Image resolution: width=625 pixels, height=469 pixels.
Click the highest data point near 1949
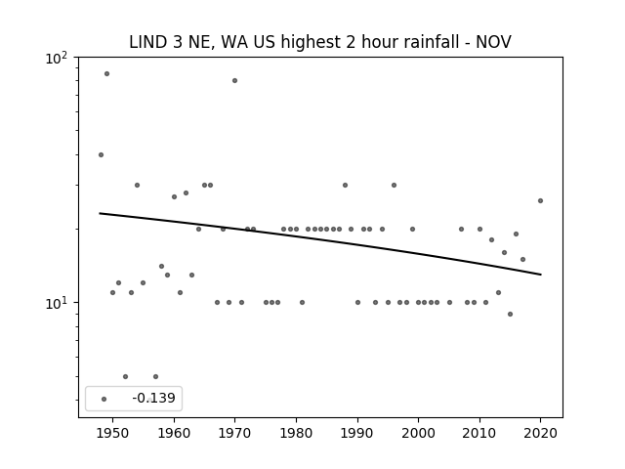[x=106, y=74]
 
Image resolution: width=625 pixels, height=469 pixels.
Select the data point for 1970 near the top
[x=234, y=80]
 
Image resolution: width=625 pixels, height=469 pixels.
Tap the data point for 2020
[x=540, y=201]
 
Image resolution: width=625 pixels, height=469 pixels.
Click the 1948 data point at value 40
[x=101, y=154]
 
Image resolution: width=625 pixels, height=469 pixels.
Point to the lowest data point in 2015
[x=510, y=315]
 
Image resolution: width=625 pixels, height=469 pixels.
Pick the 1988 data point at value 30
[x=345, y=185]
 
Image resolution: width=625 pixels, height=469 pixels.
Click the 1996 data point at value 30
[x=394, y=185]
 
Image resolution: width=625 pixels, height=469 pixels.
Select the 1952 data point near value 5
[x=125, y=376]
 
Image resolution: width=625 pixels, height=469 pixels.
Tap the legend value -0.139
[x=153, y=398]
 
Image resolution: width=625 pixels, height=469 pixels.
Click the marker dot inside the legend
[x=104, y=399]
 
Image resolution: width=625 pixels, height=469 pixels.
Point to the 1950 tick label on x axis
[x=113, y=433]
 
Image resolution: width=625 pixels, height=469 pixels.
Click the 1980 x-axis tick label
[x=296, y=433]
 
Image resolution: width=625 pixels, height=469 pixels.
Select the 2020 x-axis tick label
[x=540, y=433]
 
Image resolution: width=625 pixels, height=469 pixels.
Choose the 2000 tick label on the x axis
[x=418, y=433]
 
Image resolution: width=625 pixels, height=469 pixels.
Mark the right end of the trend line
[x=541, y=275]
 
